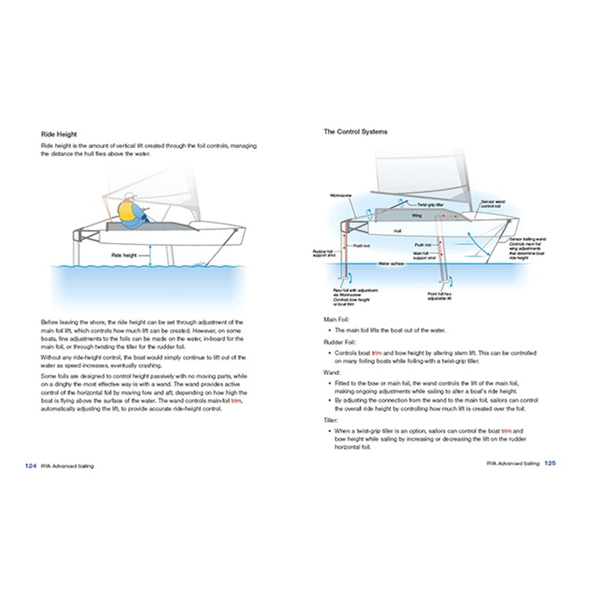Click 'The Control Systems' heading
tap(356, 132)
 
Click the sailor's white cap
tap(130, 196)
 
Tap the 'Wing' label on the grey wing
tap(416, 216)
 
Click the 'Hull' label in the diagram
tap(398, 231)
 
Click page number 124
tap(31, 465)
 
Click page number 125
tap(551, 463)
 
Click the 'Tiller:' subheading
tap(331, 420)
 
